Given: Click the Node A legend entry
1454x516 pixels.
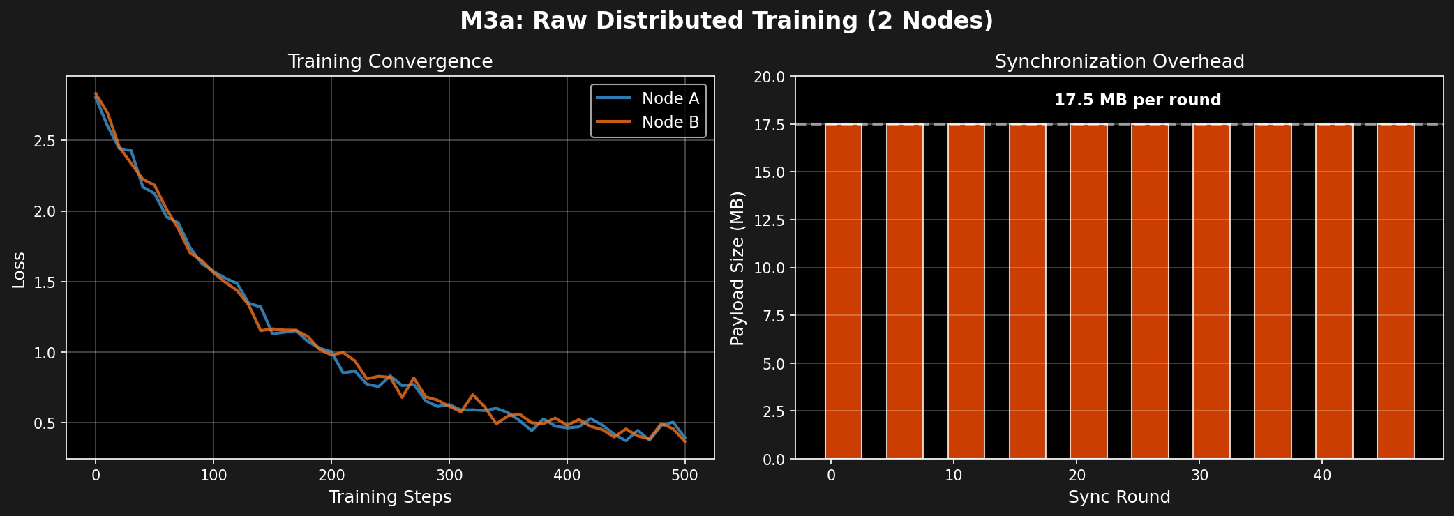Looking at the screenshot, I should tap(669, 98).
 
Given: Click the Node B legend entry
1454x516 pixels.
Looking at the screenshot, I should tap(669, 122).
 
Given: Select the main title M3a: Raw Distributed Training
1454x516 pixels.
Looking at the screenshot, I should tap(726, 21).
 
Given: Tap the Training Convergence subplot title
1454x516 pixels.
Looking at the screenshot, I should tap(390, 61).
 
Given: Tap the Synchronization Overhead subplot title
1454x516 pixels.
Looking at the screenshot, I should tap(1119, 61).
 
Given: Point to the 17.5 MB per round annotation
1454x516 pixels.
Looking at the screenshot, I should tap(1137, 100).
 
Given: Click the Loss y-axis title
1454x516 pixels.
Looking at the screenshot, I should tap(20, 270).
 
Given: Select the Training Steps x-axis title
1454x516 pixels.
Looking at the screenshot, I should tap(390, 497).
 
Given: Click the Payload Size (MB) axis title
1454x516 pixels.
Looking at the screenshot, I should tap(737, 268).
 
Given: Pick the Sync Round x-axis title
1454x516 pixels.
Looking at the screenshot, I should tap(1119, 497).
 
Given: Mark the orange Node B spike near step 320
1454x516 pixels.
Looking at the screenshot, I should tap(472, 395).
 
